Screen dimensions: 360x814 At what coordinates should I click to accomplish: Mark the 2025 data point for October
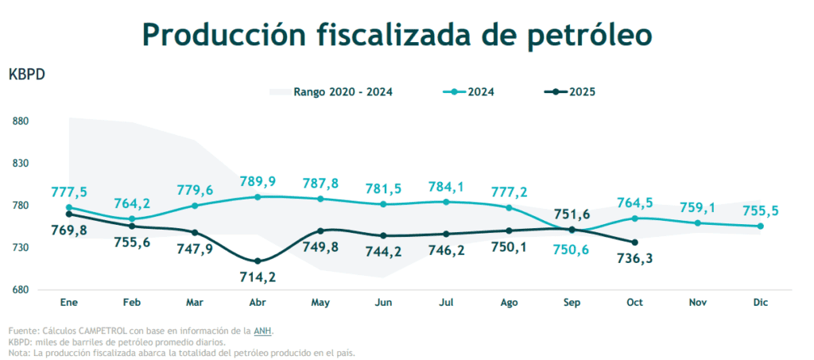point(634,242)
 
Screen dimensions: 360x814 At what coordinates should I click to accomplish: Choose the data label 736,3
point(634,259)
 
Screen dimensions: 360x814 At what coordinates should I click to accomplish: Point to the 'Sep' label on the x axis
point(572,303)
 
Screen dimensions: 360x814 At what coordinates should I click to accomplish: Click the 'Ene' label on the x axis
point(69,303)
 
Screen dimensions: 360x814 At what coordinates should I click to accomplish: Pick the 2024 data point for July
point(445,202)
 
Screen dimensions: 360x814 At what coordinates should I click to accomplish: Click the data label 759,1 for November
point(697,208)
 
